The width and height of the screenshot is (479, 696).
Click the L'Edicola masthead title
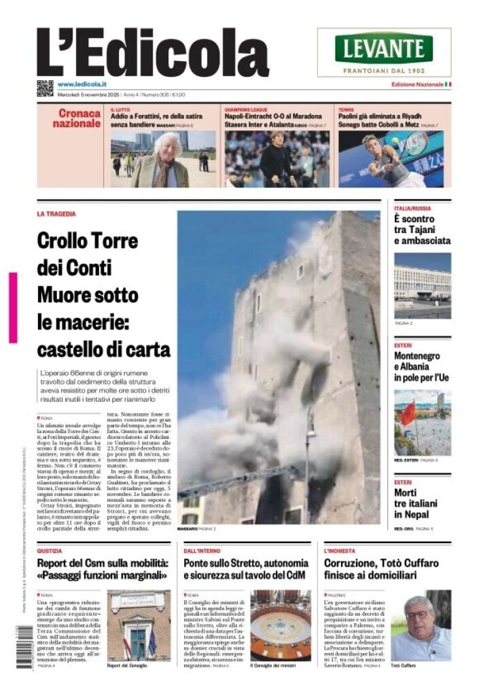[x=152, y=53]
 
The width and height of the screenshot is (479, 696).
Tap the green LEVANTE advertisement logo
[x=384, y=48]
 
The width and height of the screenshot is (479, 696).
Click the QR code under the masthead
[x=45, y=88]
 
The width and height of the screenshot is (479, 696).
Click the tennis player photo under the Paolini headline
[x=391, y=160]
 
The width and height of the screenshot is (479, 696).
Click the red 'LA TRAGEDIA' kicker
[x=56, y=214]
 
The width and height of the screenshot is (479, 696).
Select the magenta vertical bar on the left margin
[x=13, y=307]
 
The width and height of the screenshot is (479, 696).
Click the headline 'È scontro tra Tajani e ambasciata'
[x=422, y=230]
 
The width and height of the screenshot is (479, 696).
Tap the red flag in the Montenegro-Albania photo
[x=408, y=413]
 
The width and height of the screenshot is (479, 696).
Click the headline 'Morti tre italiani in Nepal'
[x=416, y=504]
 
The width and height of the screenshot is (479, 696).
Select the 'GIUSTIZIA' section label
[x=50, y=551]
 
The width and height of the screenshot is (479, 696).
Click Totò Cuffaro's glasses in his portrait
[x=416, y=615]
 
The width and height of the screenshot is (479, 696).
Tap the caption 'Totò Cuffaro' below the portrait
[x=407, y=665]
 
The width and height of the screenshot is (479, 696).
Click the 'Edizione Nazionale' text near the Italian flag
[x=416, y=84]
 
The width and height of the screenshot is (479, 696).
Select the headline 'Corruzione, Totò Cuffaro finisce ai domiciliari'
[x=381, y=569]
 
